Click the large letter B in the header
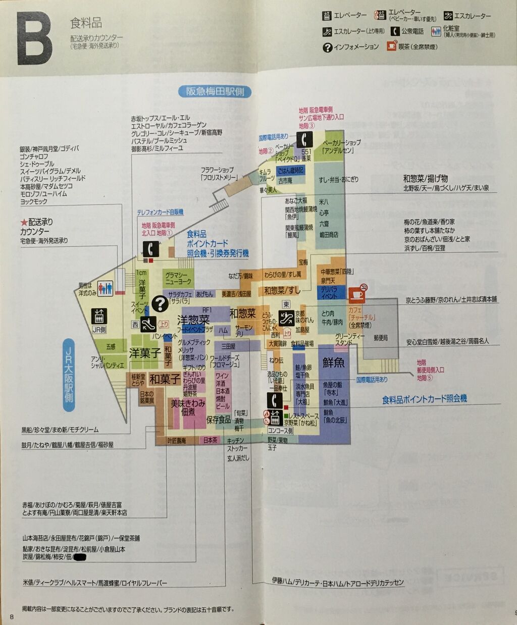coord(34,39)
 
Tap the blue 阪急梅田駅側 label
coord(215,91)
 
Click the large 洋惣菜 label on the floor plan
coord(193,320)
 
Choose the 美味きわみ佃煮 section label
coord(187,407)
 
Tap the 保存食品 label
coord(219,420)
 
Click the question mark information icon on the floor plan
coord(160,303)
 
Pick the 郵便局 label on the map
coord(381,338)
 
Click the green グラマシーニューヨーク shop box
coord(179,278)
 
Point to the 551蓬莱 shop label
coord(306,155)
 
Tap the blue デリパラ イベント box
coord(329,293)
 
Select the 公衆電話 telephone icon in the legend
coord(395,31)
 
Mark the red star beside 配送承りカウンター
coord(23,222)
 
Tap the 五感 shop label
coord(111,346)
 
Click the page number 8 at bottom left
coord(12,616)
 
